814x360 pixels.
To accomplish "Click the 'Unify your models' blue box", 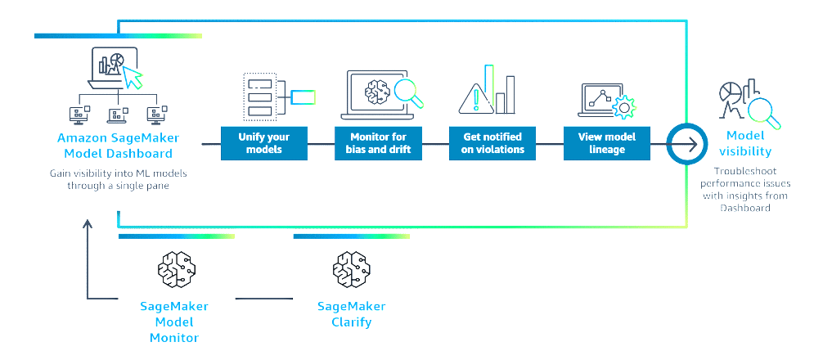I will [263, 142].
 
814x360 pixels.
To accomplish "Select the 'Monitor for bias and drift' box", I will [378, 142].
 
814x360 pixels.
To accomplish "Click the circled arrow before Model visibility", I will [683, 145].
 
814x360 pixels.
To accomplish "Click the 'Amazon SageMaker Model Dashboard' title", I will [119, 146].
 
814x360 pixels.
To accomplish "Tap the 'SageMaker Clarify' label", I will [351, 314].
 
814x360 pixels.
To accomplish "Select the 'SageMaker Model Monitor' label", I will [174, 322].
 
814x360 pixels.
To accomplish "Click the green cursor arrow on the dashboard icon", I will [132, 79].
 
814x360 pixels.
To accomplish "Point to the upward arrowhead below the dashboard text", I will [87, 223].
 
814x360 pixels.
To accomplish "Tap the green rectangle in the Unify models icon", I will [304, 98].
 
